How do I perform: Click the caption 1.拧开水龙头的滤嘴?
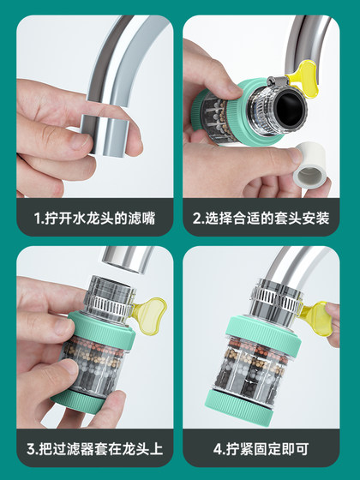tap(93, 217)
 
